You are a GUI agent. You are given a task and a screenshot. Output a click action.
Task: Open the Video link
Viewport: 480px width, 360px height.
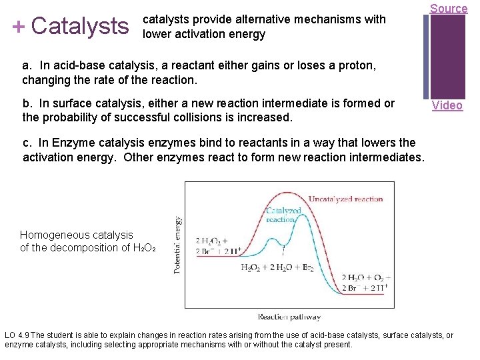[447, 105]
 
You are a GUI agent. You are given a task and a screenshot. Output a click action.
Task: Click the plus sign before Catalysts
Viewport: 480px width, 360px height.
[18, 27]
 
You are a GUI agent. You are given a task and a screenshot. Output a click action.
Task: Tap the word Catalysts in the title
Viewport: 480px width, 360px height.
[79, 27]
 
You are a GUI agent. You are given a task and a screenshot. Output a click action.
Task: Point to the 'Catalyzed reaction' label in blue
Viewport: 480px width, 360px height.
[284, 214]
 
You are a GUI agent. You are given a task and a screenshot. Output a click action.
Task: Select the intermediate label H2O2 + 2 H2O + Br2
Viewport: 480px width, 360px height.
[277, 267]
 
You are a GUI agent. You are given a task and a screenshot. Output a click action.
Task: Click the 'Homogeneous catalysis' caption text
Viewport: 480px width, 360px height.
[77, 235]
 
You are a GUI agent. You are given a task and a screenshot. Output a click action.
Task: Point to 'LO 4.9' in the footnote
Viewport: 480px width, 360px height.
[17, 335]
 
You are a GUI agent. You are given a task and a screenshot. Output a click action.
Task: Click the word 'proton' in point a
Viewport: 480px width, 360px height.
[359, 66]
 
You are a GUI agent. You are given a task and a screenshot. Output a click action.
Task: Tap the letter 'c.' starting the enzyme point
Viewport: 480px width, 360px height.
[27, 143]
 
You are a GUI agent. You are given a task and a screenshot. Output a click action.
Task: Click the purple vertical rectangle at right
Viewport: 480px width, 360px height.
[447, 57]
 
